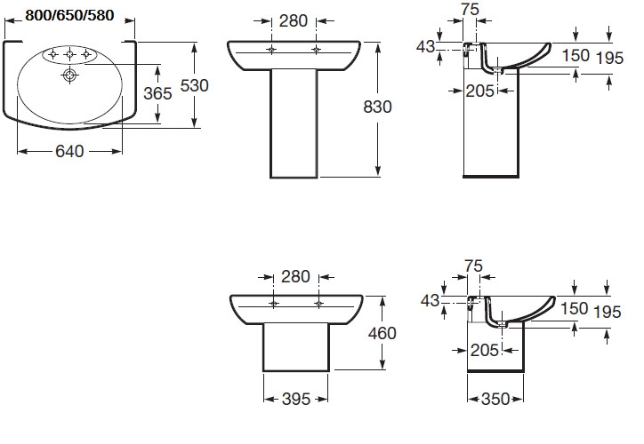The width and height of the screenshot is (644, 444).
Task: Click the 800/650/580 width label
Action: pyautogui.click(x=69, y=15)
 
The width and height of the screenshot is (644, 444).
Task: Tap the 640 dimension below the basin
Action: pyautogui.click(x=69, y=151)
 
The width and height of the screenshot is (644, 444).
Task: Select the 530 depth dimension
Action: pyautogui.click(x=194, y=85)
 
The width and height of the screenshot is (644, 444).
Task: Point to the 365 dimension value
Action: pyautogui.click(x=157, y=94)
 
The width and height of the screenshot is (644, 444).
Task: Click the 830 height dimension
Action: pyautogui.click(x=377, y=107)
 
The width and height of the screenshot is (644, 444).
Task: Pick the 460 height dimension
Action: pyautogui.click(x=382, y=333)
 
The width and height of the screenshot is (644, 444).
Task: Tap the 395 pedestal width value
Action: pyautogui.click(x=295, y=399)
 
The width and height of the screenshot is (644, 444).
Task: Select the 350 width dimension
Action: pyautogui.click(x=495, y=399)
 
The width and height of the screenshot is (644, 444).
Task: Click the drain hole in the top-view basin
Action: pyautogui.click(x=69, y=75)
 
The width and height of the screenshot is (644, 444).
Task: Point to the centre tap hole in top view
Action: pyautogui.click(x=69, y=53)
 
